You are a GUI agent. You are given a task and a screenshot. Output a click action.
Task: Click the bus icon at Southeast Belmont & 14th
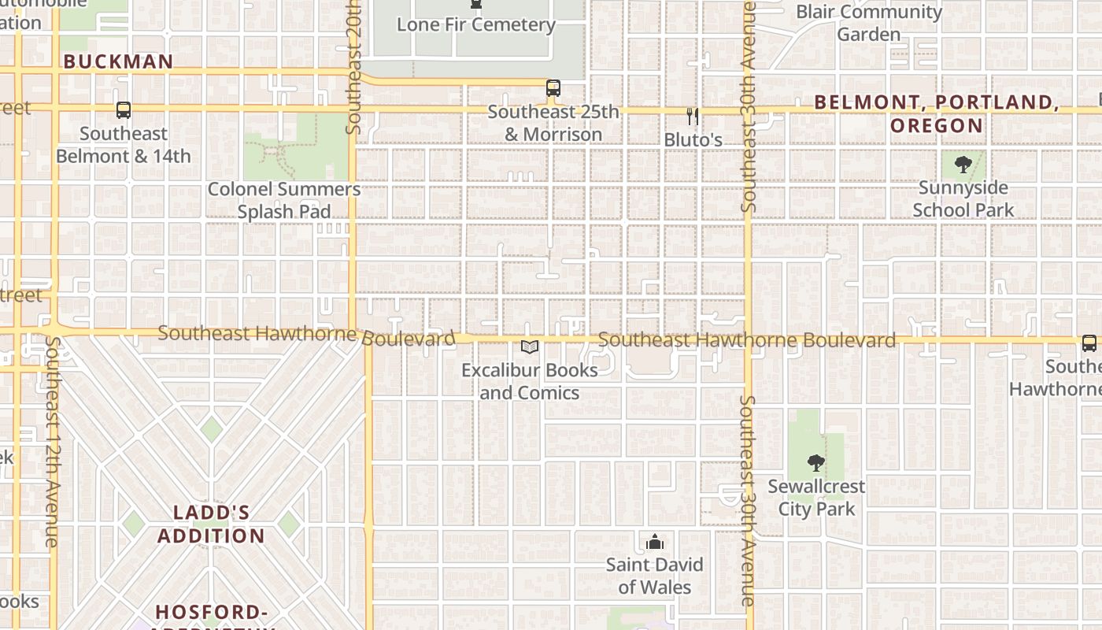click(123, 110)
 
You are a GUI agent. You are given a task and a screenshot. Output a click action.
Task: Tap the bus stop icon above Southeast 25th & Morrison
click(553, 88)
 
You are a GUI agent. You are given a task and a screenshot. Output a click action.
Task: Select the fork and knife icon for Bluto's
click(693, 117)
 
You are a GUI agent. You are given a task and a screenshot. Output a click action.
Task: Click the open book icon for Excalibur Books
click(530, 346)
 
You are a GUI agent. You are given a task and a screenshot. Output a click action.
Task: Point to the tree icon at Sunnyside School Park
click(963, 165)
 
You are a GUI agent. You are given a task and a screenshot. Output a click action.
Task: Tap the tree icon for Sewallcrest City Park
click(816, 463)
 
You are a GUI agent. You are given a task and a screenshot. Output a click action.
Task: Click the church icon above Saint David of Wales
click(654, 542)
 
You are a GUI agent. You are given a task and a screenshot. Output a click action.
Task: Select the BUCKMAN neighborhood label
click(118, 61)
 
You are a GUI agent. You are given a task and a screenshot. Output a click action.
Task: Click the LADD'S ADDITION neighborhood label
click(211, 524)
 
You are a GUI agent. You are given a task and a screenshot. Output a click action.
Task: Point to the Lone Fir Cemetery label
click(476, 24)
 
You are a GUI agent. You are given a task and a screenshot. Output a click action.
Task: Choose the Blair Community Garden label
click(869, 23)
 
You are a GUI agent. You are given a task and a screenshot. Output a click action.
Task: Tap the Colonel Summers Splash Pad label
click(284, 200)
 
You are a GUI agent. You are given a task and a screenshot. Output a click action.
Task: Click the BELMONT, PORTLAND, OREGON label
click(937, 113)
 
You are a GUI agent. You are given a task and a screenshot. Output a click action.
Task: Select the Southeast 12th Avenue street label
click(53, 441)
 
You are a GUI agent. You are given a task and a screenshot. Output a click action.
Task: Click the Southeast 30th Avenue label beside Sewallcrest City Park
click(747, 500)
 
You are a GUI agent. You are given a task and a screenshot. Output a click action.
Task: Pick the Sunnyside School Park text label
click(963, 198)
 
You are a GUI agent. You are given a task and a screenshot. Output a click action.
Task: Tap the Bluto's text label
click(693, 139)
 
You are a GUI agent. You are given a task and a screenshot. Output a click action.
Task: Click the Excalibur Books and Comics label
click(530, 381)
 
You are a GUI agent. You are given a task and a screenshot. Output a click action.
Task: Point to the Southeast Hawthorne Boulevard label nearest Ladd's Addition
click(306, 335)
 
